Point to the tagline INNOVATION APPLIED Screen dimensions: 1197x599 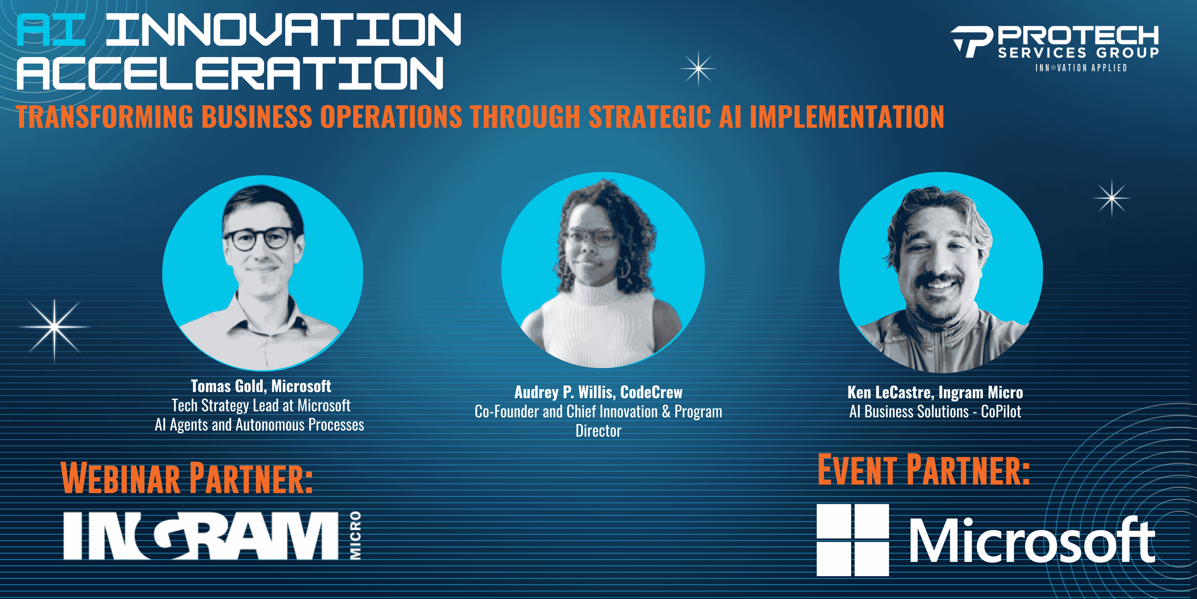tap(1081, 68)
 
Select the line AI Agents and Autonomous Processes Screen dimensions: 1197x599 tap(259, 425)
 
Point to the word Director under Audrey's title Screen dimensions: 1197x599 tap(598, 431)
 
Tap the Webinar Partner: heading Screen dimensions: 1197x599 tap(187, 478)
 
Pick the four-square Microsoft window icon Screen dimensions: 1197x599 tap(853, 540)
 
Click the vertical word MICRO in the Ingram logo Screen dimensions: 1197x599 tap(355, 535)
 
